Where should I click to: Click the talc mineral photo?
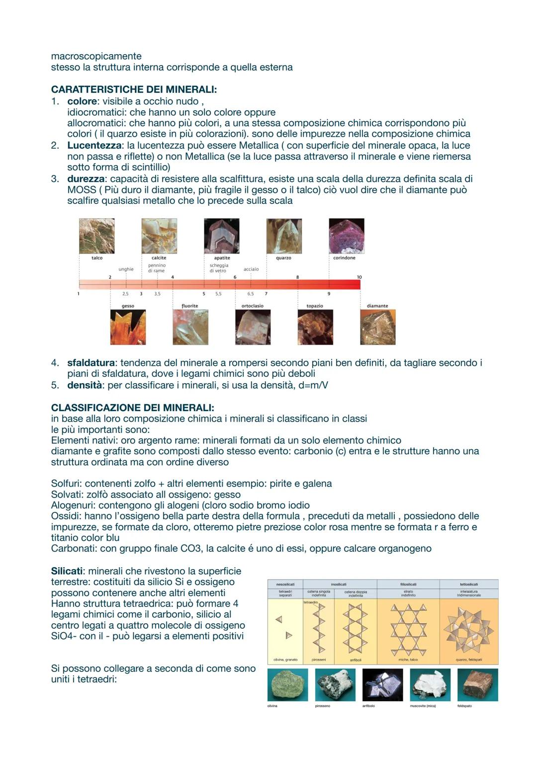pyautogui.click(x=96, y=236)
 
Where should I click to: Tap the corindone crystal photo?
pyautogui.click(x=347, y=236)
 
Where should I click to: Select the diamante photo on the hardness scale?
pyautogui.click(x=378, y=327)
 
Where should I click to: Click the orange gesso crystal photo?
pyautogui.click(x=128, y=327)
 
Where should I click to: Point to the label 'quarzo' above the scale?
pyautogui.click(x=283, y=258)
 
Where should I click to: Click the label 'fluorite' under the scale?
pyautogui.click(x=190, y=306)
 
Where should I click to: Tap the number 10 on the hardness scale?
pyautogui.click(x=359, y=277)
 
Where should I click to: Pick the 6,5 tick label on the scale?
pyautogui.click(x=251, y=294)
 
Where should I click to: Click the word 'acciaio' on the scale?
pyautogui.click(x=251, y=269)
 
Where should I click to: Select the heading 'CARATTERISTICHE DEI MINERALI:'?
pyautogui.click(x=134, y=90)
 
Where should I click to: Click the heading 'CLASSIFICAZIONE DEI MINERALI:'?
pyautogui.click(x=132, y=408)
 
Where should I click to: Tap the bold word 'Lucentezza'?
pyautogui.click(x=94, y=146)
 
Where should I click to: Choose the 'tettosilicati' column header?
pyautogui.click(x=468, y=584)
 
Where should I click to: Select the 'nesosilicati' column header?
pyautogui.click(x=285, y=584)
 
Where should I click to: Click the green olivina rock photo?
pyautogui.click(x=287, y=685)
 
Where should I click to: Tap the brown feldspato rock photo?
pyautogui.click(x=477, y=685)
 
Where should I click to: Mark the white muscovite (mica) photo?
pyautogui.click(x=430, y=685)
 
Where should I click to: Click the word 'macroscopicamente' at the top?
pyautogui.click(x=96, y=56)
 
